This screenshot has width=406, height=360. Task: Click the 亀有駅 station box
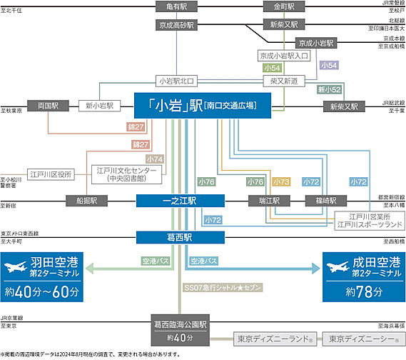(176, 7)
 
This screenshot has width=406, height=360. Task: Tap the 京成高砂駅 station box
(176, 25)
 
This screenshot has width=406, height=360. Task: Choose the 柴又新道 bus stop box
(285, 80)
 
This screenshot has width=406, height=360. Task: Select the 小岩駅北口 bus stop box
(176, 80)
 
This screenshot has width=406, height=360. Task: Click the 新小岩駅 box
(98, 105)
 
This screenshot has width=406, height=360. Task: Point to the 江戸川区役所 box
(51, 174)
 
